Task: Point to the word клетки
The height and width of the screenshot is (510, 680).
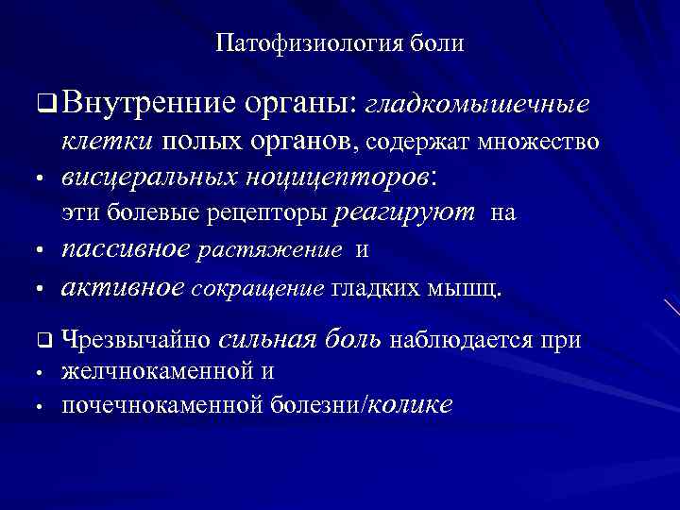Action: (x=103, y=142)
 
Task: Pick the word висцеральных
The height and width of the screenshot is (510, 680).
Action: (x=150, y=177)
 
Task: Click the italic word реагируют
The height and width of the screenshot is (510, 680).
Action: (x=404, y=214)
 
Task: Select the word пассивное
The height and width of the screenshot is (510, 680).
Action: (x=127, y=250)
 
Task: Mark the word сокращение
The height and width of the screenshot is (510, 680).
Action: (x=258, y=289)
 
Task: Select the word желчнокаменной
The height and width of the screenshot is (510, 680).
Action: (x=156, y=371)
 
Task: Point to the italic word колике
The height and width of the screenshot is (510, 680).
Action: (x=407, y=405)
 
